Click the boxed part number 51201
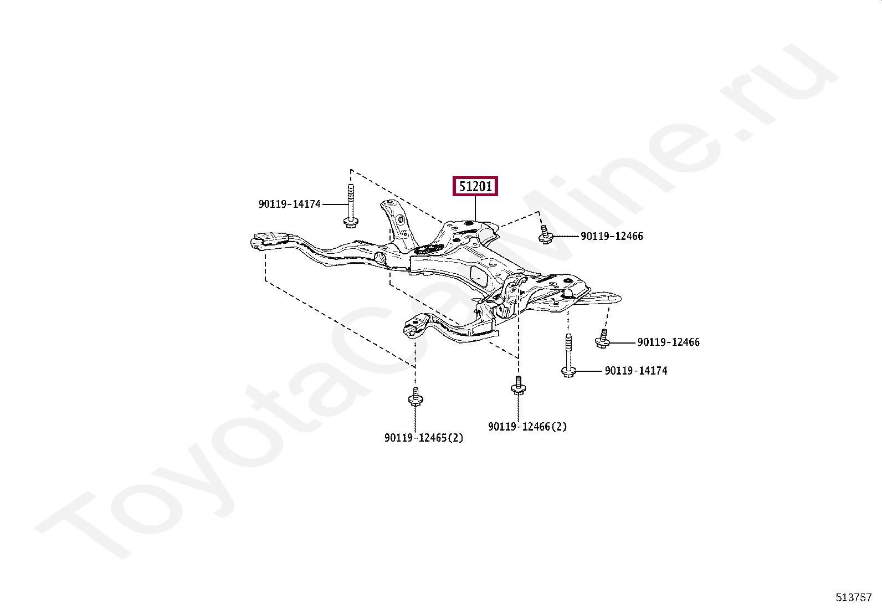[475, 186]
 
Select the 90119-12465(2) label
[424, 438]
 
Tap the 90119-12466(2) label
[527, 427]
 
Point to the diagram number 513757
[854, 597]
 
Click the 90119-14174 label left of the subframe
[289, 204]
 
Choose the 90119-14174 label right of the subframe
[636, 371]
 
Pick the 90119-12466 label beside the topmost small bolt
[612, 236]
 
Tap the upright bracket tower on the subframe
[394, 222]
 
